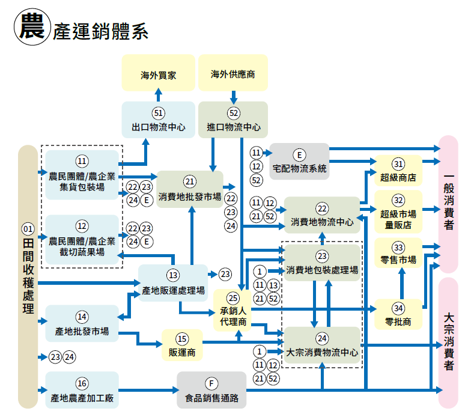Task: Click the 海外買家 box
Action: tap(159, 73)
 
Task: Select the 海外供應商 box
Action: tap(233, 73)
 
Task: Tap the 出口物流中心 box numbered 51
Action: tap(159, 120)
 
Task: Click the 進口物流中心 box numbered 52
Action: tap(233, 120)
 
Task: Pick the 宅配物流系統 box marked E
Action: tap(299, 162)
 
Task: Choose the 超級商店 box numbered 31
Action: tap(398, 171)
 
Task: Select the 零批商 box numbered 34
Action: tap(398, 315)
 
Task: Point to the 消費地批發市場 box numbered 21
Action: tap(190, 189)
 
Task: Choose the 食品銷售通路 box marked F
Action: tap(211, 390)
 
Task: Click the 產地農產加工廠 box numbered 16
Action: tap(82, 390)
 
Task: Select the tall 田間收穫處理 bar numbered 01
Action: tap(28, 276)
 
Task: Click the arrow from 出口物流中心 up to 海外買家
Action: tap(159, 95)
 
